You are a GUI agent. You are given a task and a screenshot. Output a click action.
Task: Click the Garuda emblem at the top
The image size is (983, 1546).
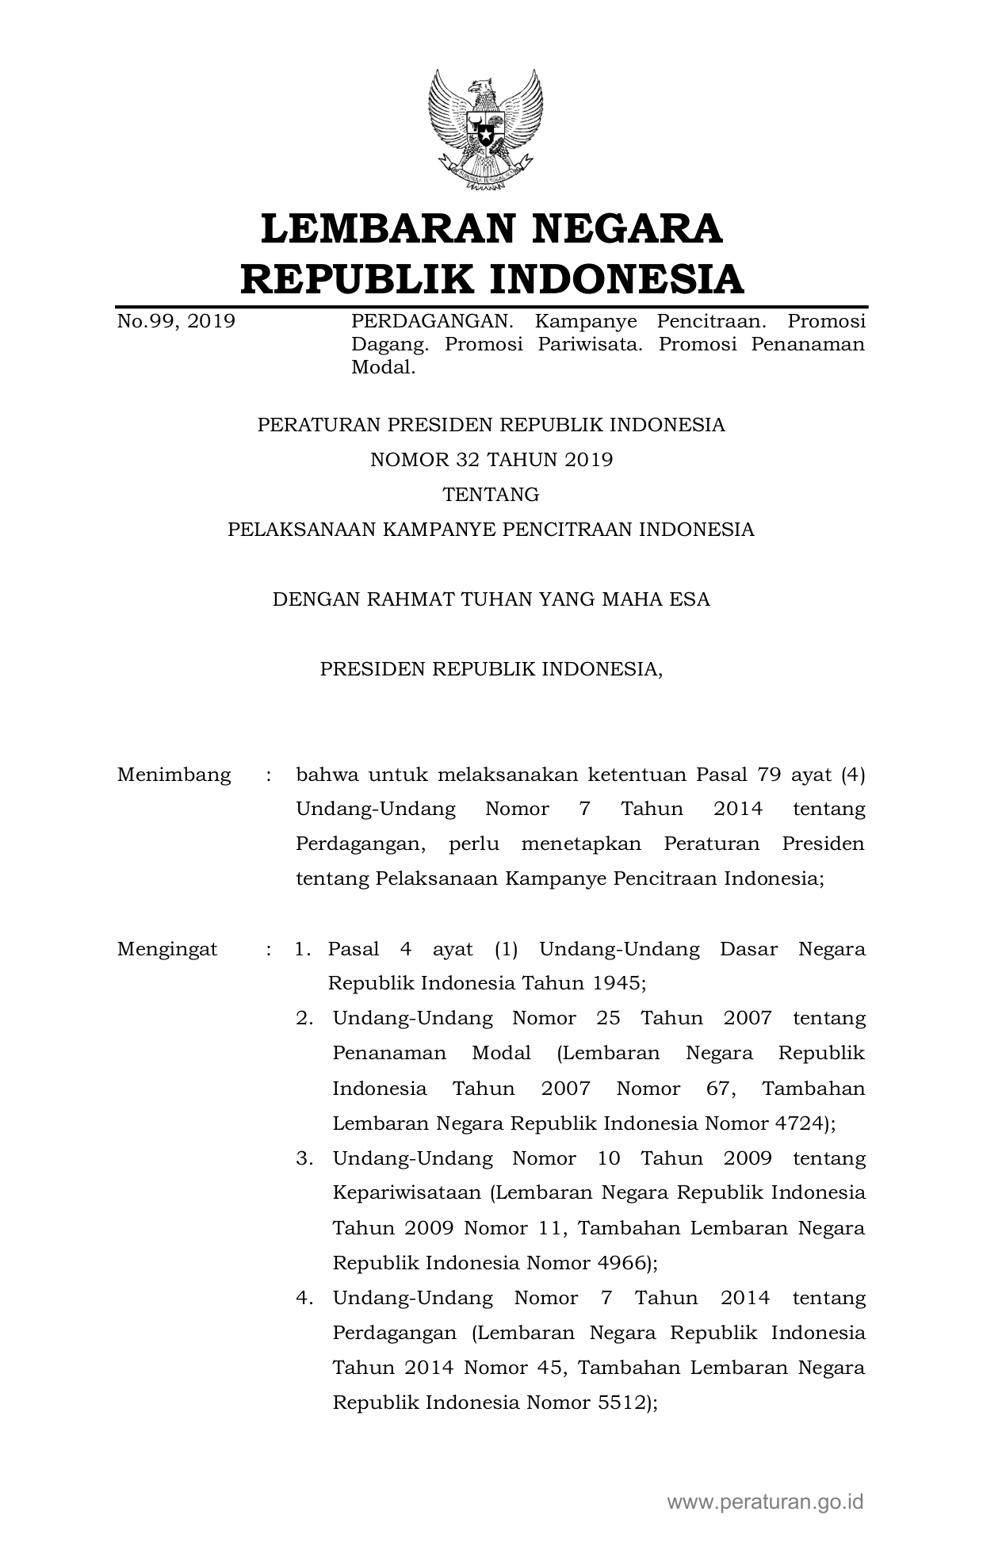click(x=486, y=129)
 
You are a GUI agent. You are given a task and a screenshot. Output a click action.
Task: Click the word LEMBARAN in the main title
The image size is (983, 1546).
click(x=383, y=228)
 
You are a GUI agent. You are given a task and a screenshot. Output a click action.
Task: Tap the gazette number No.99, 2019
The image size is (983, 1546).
click(x=176, y=321)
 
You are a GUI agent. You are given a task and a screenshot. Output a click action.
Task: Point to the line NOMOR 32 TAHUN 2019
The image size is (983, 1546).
click(x=491, y=460)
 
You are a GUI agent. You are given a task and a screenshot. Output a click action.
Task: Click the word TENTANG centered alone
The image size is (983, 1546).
click(x=491, y=495)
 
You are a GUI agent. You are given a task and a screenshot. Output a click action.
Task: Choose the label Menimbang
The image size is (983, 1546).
click(x=174, y=775)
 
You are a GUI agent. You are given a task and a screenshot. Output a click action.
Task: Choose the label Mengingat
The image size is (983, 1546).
click(x=167, y=949)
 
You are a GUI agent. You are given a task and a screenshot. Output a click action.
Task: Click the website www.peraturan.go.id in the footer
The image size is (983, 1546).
click(x=765, y=1501)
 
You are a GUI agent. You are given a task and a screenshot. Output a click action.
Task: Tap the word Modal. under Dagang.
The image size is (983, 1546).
click(x=384, y=367)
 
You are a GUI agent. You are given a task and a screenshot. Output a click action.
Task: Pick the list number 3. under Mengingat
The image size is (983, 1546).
click(x=305, y=1158)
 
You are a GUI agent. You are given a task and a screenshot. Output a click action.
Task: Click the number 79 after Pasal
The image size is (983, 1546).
click(x=764, y=775)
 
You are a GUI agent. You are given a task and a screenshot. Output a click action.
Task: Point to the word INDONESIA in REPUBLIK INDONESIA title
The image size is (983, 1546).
click(x=614, y=279)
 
